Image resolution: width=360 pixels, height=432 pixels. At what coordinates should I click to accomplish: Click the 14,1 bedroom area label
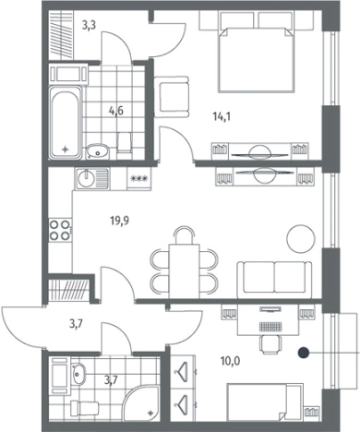222,116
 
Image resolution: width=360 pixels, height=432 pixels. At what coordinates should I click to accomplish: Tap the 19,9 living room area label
120,221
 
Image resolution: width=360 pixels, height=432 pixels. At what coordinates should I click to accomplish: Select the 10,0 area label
231,361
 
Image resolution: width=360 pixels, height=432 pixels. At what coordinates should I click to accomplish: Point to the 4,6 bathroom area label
115,111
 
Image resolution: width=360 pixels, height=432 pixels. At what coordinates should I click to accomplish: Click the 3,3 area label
89,25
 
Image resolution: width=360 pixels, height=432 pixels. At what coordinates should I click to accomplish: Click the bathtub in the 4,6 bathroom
66,122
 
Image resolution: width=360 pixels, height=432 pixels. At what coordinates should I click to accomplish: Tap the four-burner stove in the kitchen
60,230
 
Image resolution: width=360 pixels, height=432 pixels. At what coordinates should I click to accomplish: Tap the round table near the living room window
301,238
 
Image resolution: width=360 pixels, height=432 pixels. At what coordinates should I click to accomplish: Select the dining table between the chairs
185,270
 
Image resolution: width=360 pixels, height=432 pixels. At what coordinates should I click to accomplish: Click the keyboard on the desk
270,327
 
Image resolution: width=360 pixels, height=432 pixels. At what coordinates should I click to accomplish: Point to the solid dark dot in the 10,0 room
304,353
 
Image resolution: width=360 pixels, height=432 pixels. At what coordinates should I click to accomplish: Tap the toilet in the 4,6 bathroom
125,142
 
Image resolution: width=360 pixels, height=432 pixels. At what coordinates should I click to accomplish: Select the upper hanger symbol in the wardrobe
182,372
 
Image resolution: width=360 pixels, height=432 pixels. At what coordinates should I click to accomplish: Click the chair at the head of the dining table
185,235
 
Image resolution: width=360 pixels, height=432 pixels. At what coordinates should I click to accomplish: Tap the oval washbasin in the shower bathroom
78,374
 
